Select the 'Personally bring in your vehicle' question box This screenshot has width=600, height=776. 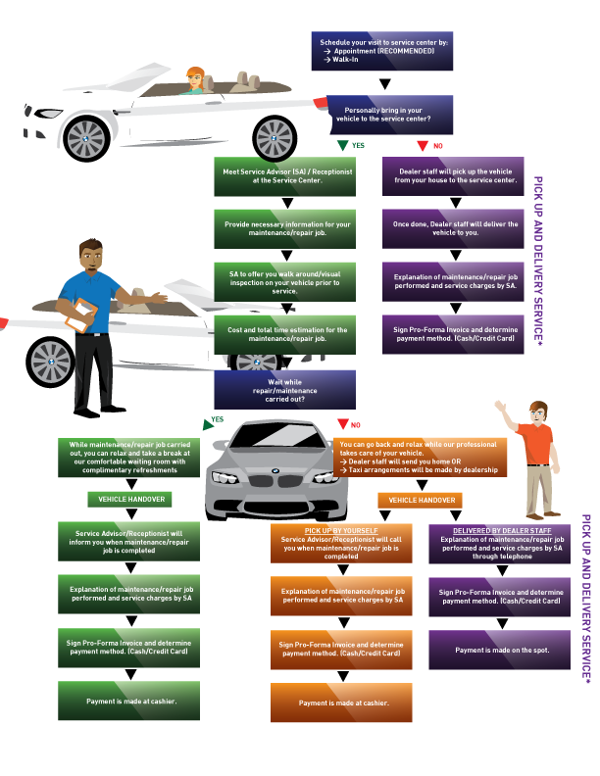click(x=382, y=116)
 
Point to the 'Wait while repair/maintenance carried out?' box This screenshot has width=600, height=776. click(x=285, y=388)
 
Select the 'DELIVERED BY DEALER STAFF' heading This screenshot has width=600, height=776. click(x=502, y=530)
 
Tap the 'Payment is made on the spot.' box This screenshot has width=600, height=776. click(x=499, y=650)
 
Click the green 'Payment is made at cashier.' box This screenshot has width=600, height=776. click(x=130, y=702)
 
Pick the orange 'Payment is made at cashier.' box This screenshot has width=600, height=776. click(x=342, y=703)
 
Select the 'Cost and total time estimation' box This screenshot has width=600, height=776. click(x=285, y=334)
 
